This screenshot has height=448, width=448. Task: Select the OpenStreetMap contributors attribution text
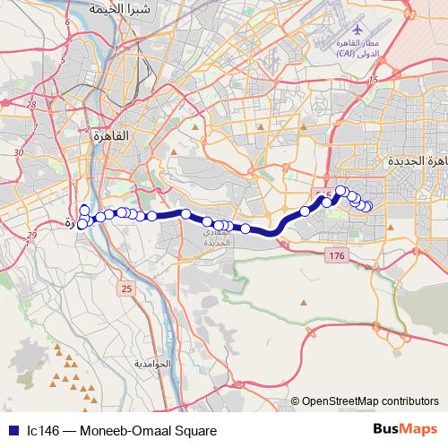pos(370,401)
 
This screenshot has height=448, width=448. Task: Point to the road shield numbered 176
pos(336,257)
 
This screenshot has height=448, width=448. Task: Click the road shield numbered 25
pos(125,288)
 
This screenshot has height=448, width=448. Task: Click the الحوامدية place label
pos(151,366)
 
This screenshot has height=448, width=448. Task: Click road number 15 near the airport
pos(373,82)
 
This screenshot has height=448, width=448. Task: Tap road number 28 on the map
pos(31,105)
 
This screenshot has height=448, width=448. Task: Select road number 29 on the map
pos(32,235)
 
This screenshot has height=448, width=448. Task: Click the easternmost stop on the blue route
pos(367,208)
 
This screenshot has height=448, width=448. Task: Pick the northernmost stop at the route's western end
pos(84,210)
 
